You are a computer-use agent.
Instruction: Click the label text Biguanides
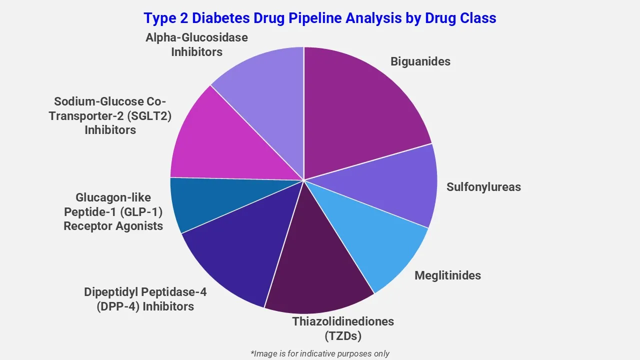point(420,61)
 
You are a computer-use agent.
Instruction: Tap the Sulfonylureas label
point(483,187)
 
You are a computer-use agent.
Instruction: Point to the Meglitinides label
point(447,275)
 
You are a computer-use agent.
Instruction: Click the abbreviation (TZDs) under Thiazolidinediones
point(342,335)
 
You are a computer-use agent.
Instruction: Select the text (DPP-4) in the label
point(118,306)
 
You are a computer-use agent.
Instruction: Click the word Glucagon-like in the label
point(113,197)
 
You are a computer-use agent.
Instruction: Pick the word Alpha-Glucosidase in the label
point(196,37)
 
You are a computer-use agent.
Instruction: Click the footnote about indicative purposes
point(319,353)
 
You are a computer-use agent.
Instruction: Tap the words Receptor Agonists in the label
point(113,226)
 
